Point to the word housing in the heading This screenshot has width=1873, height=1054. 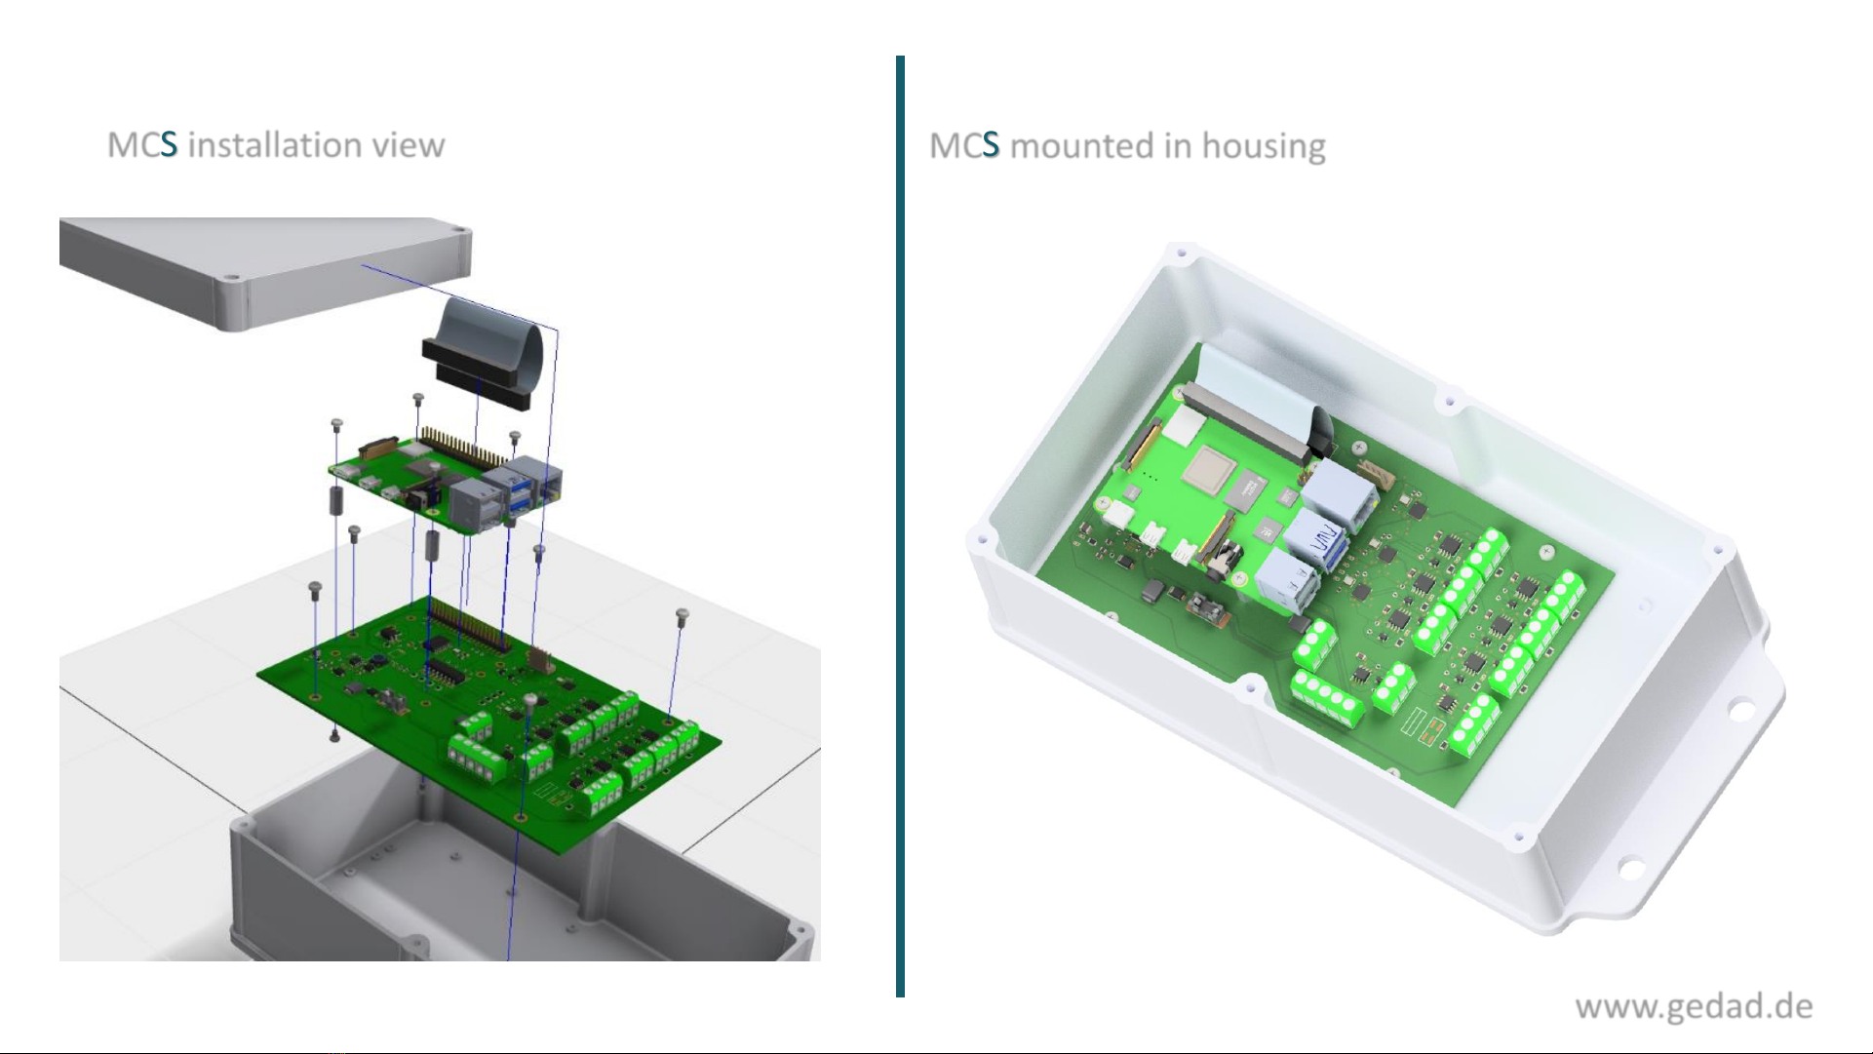point(1264,147)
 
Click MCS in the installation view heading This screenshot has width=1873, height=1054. point(142,145)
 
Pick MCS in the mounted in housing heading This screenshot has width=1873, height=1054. point(964,146)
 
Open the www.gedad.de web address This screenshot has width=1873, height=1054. point(1694,1007)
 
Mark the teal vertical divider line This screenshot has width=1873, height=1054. point(900,527)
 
